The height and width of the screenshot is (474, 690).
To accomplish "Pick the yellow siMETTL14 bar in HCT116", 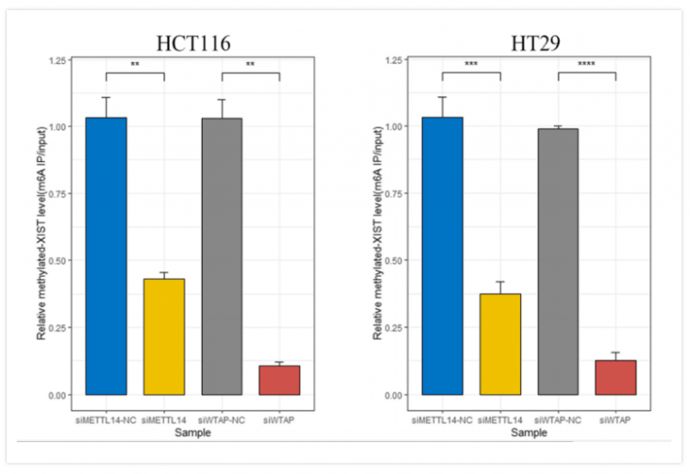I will click(x=164, y=336).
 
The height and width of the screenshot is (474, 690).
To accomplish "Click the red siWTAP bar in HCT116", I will click(x=279, y=380).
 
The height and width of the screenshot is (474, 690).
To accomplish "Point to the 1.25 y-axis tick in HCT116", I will click(x=58, y=59).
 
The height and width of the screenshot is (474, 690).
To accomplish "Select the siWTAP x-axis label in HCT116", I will click(x=279, y=421).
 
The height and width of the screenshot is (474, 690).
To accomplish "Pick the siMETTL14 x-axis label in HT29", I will click(x=500, y=421).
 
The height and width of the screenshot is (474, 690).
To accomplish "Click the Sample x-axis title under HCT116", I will click(x=193, y=430).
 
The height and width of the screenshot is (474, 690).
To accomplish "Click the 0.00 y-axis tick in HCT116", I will click(x=58, y=395).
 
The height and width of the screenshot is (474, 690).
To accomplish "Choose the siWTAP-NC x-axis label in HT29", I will click(x=558, y=421).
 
